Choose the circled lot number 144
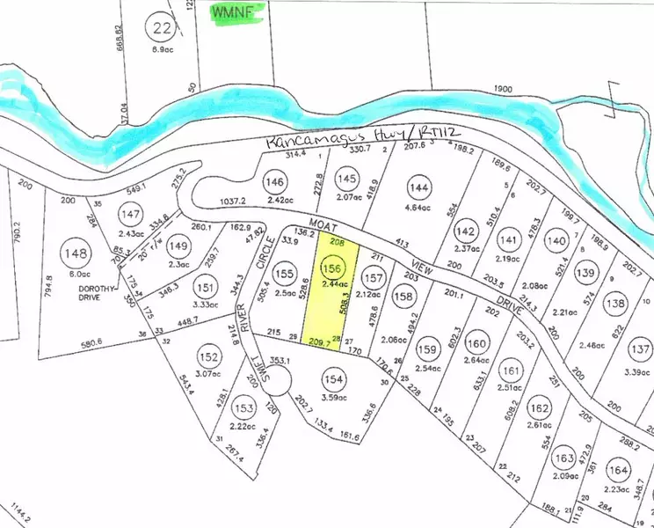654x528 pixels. (x=420, y=187)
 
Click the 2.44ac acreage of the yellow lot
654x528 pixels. (x=332, y=284)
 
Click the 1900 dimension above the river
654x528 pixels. (x=503, y=90)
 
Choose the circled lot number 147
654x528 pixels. (x=131, y=215)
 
